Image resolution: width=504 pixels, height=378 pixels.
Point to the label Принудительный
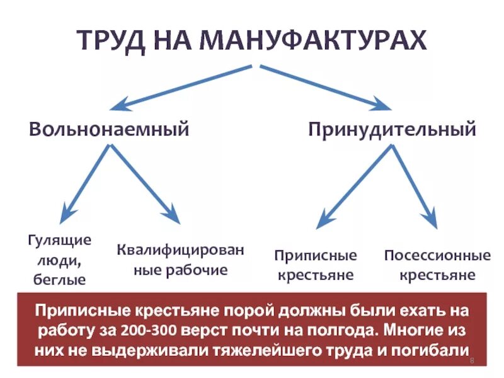pos(392,130)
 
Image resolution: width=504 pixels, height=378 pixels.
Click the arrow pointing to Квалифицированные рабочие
pos(145,183)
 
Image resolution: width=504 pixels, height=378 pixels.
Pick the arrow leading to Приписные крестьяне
pos(355,186)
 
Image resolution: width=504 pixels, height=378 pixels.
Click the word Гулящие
pos(59,241)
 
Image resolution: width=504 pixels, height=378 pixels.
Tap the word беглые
pos(59,279)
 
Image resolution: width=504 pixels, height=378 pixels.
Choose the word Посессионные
pos(437,256)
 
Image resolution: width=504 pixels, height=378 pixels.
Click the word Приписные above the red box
pos(315,256)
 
